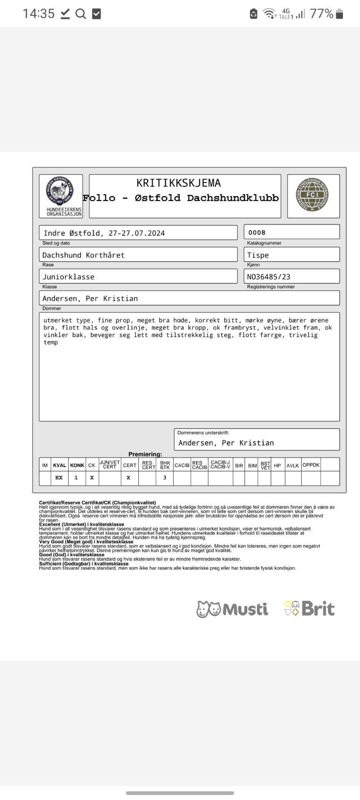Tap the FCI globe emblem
coord(312,195)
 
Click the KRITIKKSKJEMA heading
coord(178,183)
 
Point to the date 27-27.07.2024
coord(137,233)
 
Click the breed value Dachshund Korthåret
coord(83,255)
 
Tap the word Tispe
coord(258,255)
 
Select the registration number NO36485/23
coord(269,277)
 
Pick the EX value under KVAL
coord(59,478)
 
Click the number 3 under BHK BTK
coord(165,478)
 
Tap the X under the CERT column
coord(129,478)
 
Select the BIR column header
coord(239,465)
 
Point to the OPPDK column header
coord(311,465)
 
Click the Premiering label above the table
coord(145,454)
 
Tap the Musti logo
coord(232,609)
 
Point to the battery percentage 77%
coord(321,14)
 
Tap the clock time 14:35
coord(38,14)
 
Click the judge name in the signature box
coord(226,443)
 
